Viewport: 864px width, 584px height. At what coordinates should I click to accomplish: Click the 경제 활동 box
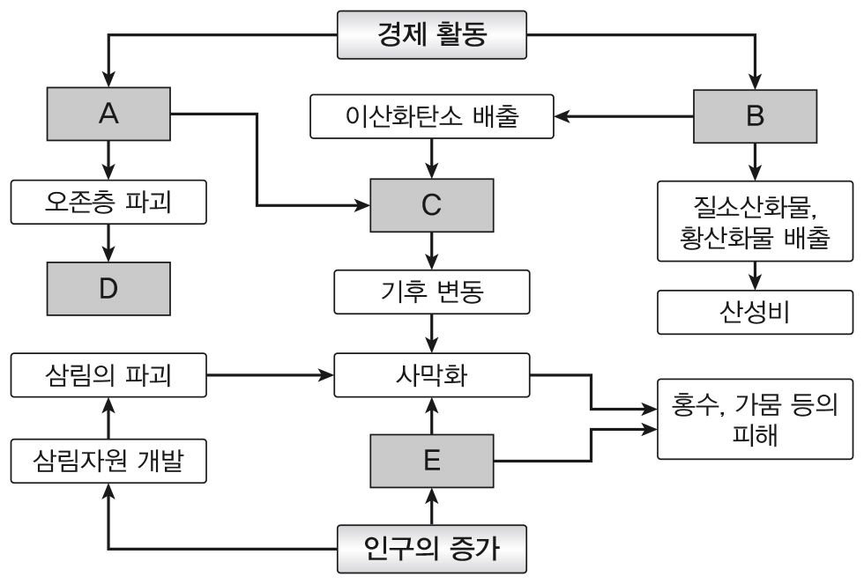[433, 37]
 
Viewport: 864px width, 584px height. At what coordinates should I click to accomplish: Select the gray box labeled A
[108, 115]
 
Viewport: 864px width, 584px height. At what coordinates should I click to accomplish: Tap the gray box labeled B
[755, 115]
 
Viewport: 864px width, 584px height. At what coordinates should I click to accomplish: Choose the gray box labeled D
[108, 289]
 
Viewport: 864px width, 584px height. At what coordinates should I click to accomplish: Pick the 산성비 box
[755, 310]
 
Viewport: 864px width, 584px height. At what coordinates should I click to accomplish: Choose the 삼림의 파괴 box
[108, 376]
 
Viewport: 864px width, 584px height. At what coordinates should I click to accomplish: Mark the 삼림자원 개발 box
[108, 461]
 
